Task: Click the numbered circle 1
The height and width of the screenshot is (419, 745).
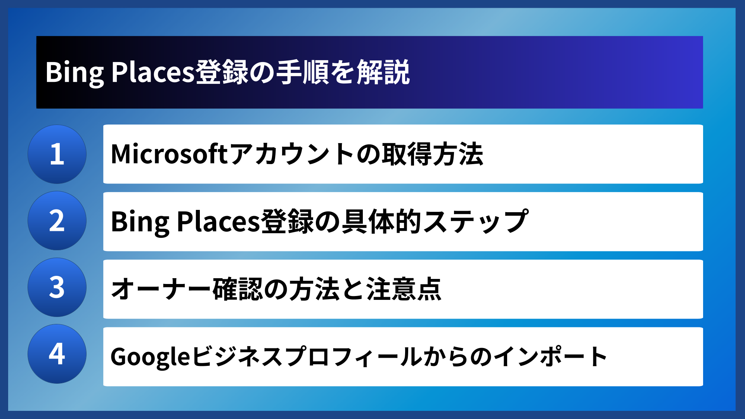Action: [x=57, y=154]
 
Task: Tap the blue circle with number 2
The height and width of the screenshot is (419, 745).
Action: [x=57, y=221]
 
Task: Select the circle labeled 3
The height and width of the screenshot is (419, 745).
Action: [x=57, y=287]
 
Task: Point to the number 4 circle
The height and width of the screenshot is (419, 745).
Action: [x=57, y=354]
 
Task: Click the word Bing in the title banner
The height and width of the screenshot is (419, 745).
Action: [x=74, y=73]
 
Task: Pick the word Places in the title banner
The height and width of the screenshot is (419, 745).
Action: [x=152, y=73]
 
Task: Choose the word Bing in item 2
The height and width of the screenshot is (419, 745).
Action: [x=140, y=222]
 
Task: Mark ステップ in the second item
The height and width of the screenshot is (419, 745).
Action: [x=476, y=222]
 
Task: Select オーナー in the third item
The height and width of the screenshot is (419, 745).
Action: [x=161, y=289]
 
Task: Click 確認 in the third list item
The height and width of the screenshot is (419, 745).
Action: [x=238, y=289]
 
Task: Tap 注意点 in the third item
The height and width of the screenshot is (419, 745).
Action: [x=404, y=289]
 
